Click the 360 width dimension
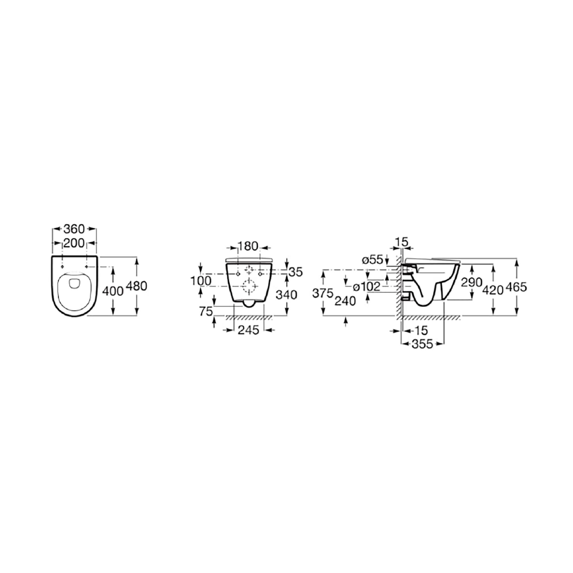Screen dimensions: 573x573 click(74, 229)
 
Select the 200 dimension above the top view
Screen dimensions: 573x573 click(74, 243)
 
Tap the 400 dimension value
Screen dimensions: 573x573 click(113, 291)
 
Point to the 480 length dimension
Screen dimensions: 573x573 click(137, 286)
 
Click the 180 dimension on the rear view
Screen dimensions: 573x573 click(248, 246)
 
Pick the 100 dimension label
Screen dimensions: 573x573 click(201, 280)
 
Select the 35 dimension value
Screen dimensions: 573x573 click(296, 272)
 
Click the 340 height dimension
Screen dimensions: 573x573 click(286, 295)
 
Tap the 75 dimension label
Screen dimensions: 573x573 click(206, 311)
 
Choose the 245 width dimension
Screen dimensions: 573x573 click(248, 330)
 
